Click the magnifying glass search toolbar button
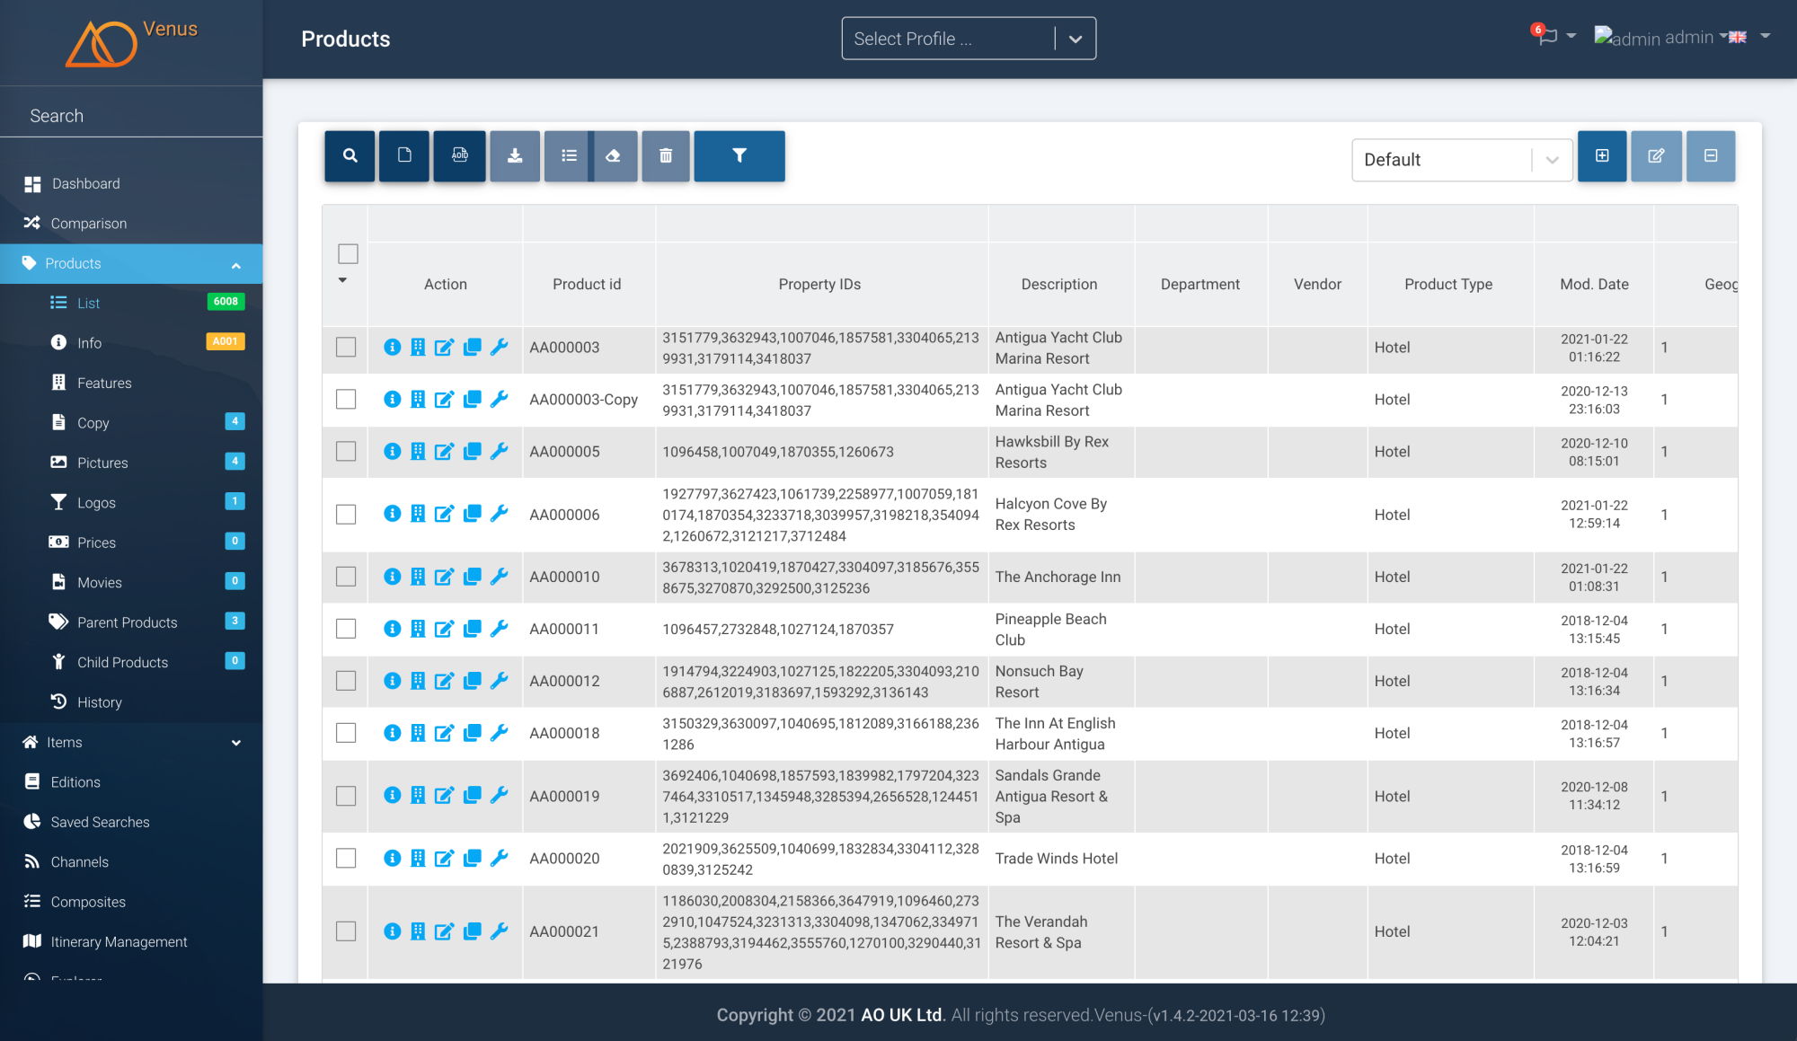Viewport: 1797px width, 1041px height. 350,156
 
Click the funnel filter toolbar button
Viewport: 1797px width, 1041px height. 739,156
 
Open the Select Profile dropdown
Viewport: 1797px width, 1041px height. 968,39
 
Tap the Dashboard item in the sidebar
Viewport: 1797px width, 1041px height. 85,184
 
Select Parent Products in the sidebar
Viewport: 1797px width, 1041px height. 127,622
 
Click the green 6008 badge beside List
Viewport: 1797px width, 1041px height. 226,302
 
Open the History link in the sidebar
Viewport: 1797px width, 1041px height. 99,702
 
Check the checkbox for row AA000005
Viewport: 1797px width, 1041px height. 346,451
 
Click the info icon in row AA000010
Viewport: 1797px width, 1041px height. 392,577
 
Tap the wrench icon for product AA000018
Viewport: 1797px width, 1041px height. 500,733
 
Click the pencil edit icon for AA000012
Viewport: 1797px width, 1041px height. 444,681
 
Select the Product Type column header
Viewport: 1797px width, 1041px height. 1448,285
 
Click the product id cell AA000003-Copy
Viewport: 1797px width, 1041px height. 583,400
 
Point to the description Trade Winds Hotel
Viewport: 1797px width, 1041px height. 1056,859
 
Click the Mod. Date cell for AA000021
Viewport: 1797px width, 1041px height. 1593,931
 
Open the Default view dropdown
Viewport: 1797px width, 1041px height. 1461,160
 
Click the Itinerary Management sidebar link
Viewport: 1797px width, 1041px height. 119,942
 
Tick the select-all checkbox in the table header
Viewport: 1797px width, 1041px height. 348,254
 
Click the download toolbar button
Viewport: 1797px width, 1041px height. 515,156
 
